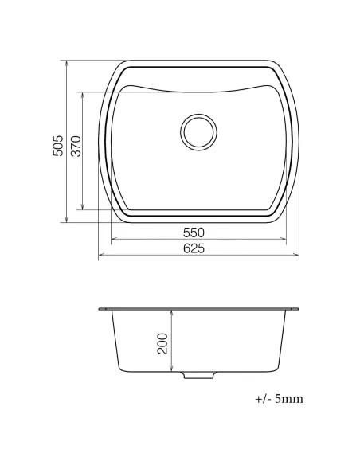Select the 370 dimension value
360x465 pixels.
(75, 147)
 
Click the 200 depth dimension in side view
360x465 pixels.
(163, 343)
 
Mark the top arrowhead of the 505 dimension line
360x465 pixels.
(66, 62)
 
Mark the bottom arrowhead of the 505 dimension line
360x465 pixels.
(66, 221)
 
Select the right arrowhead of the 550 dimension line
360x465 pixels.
(284, 239)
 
